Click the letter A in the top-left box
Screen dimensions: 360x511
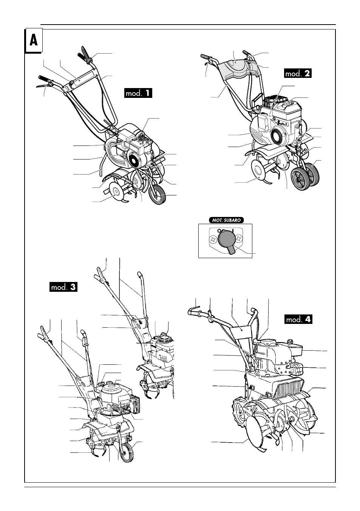click(34, 40)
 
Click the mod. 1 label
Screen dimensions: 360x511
click(138, 93)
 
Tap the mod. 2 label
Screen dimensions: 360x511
click(298, 73)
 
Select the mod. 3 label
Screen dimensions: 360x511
click(63, 287)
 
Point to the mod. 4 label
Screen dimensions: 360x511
click(298, 319)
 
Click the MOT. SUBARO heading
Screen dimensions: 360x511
click(226, 220)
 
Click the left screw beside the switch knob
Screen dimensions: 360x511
click(213, 240)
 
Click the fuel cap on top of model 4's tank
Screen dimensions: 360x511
click(290, 342)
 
